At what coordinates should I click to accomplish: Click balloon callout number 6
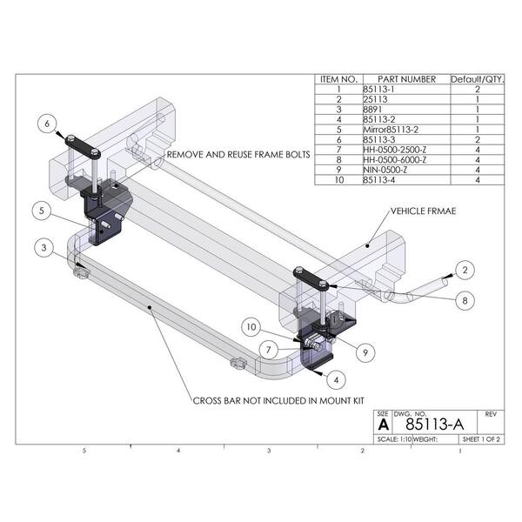click(x=48, y=124)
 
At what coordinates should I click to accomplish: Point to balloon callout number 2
click(x=465, y=270)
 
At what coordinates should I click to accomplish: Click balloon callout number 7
click(x=271, y=350)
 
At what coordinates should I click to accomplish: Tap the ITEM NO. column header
click(x=336, y=79)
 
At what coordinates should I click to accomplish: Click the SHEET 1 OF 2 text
click(x=481, y=439)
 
